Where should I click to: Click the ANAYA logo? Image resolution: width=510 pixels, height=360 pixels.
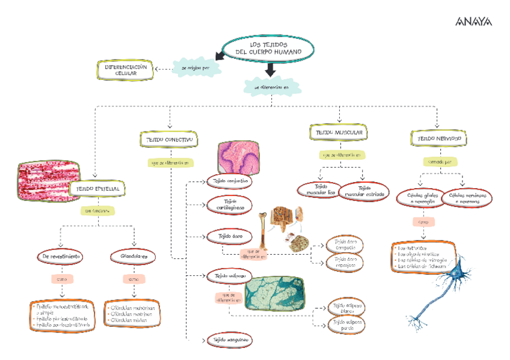click(473, 22)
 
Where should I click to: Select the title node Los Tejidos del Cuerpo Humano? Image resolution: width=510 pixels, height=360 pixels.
click(269, 49)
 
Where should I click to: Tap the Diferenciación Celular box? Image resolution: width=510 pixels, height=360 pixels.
click(126, 70)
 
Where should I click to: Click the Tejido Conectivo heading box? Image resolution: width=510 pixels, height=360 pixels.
click(168, 139)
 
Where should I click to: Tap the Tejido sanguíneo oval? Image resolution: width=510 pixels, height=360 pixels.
click(229, 340)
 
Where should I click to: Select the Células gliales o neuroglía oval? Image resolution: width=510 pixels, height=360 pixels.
click(419, 198)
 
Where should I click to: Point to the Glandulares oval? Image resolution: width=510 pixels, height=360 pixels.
click(134, 257)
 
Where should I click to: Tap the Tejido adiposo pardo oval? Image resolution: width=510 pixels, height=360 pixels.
click(345, 326)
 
